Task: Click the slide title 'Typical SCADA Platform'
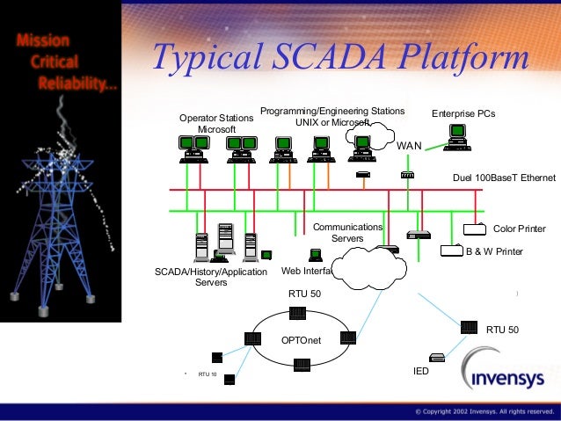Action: pyautogui.click(x=340, y=58)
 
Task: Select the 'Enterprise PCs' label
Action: pyautogui.click(x=463, y=115)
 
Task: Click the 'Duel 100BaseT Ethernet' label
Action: pyautogui.click(x=504, y=178)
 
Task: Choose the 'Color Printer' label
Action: pyautogui.click(x=519, y=229)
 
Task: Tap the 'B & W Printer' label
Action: pyautogui.click(x=493, y=251)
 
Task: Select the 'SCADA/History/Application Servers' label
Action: pyautogui.click(x=210, y=277)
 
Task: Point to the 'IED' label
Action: pyautogui.click(x=421, y=372)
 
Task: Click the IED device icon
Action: pyautogui.click(x=437, y=357)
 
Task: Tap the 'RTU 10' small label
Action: pyautogui.click(x=208, y=374)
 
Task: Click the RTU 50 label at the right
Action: pyautogui.click(x=502, y=330)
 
